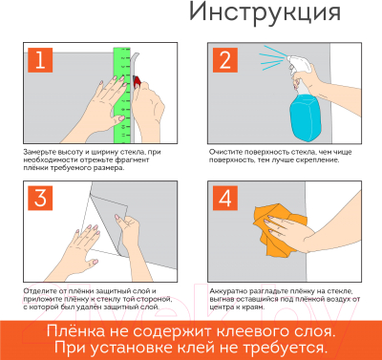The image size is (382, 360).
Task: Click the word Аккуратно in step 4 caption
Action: [226, 289]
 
